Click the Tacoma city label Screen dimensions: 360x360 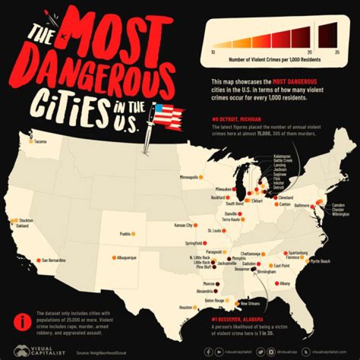40,142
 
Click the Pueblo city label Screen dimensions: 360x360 125,234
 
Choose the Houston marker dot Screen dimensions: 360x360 195,307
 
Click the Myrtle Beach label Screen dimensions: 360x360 320,261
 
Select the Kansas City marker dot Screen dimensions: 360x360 195,225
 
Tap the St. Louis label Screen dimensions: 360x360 215,231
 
